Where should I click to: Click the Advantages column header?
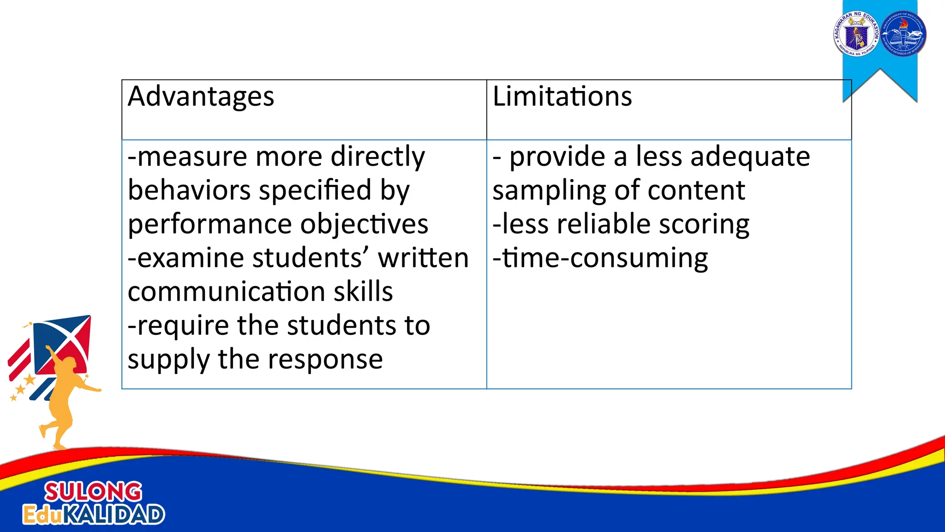click(201, 97)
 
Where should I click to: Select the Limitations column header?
click(562, 97)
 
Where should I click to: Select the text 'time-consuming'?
click(605, 258)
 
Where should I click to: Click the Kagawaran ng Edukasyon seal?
click(856, 34)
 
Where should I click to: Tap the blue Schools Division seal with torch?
click(903, 34)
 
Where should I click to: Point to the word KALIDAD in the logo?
click(113, 514)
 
